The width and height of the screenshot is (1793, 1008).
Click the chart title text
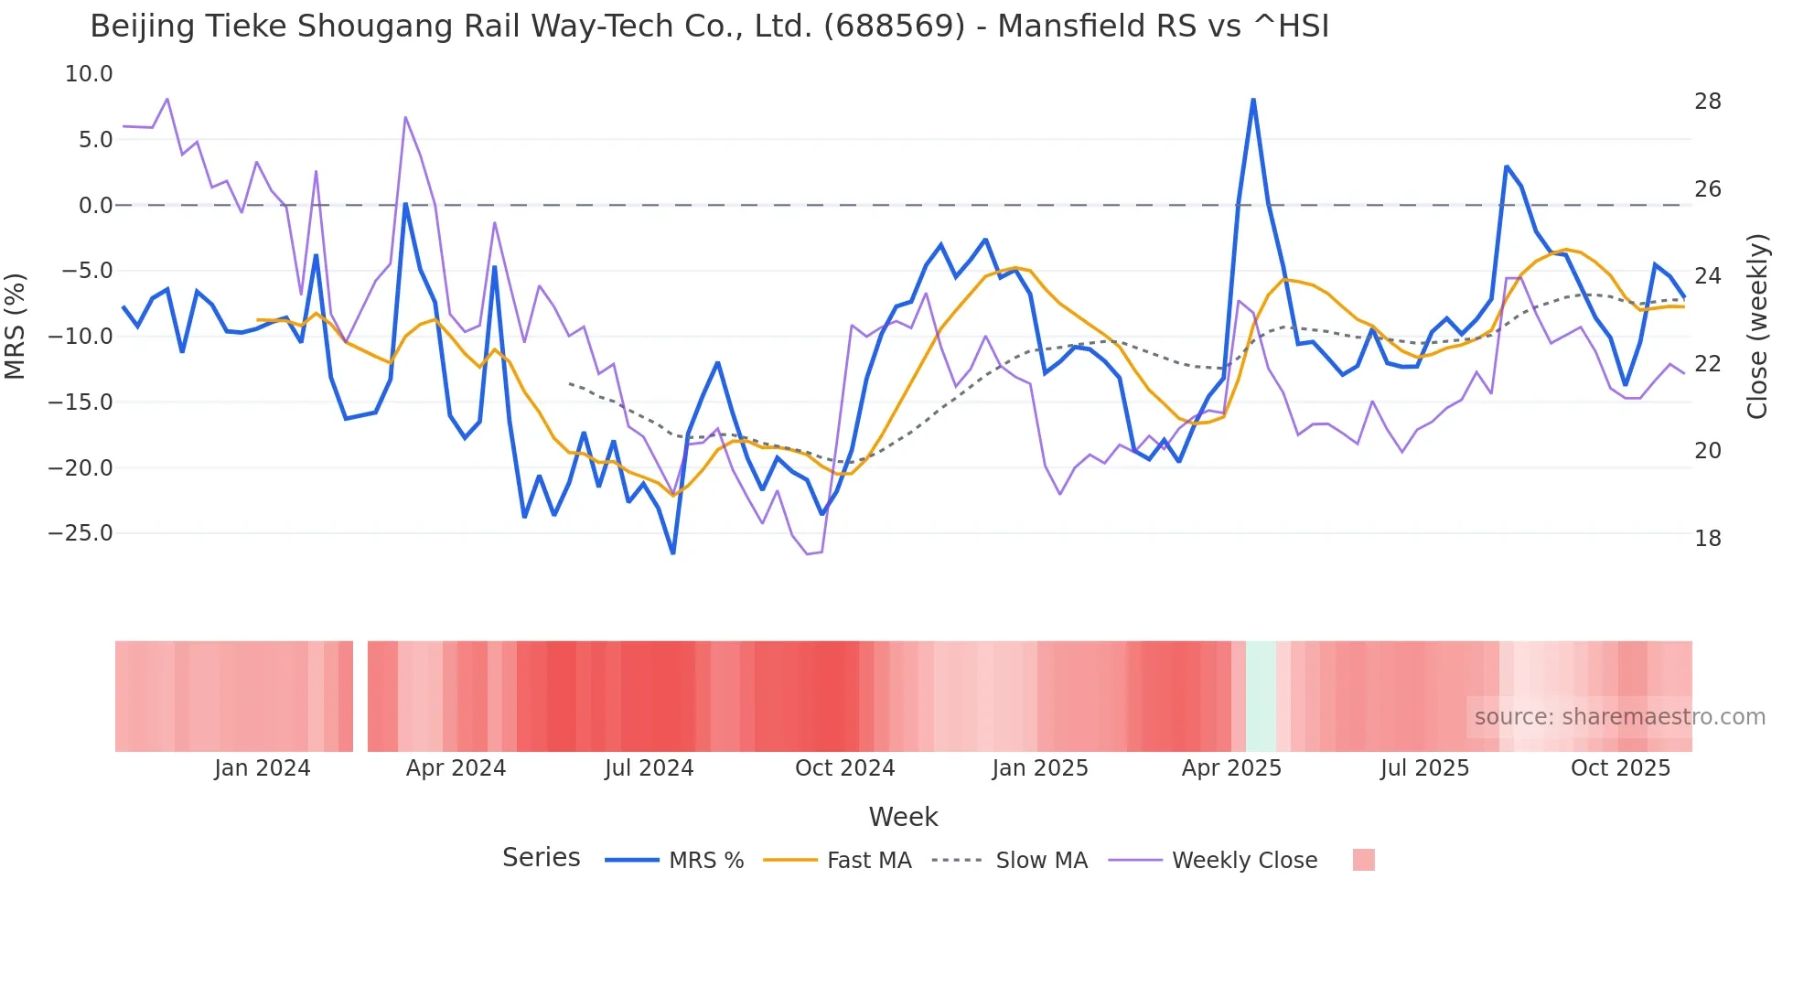click(x=709, y=27)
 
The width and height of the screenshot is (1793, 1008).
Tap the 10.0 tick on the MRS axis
click(x=89, y=74)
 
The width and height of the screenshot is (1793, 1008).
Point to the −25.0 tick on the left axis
click(x=81, y=533)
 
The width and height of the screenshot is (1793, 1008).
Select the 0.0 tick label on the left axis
click(x=95, y=206)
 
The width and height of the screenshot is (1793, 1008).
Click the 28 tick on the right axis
click(x=1707, y=102)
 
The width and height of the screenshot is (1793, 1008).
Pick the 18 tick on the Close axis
click(x=1707, y=539)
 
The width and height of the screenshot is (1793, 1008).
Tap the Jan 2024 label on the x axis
click(x=263, y=768)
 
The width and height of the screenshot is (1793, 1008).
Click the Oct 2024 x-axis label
click(x=844, y=768)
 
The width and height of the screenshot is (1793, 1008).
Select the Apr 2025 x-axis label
click(x=1231, y=768)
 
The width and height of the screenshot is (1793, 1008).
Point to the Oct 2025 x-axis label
click(x=1620, y=768)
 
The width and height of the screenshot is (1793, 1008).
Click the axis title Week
click(x=903, y=817)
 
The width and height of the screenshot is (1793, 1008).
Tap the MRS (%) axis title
click(x=16, y=326)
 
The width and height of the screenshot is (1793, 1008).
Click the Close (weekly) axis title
click(x=1756, y=326)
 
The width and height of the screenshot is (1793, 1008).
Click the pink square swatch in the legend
click(x=1363, y=860)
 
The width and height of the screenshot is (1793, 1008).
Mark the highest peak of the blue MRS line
click(x=1252, y=100)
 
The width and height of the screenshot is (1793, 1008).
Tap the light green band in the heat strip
click(x=1261, y=696)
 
